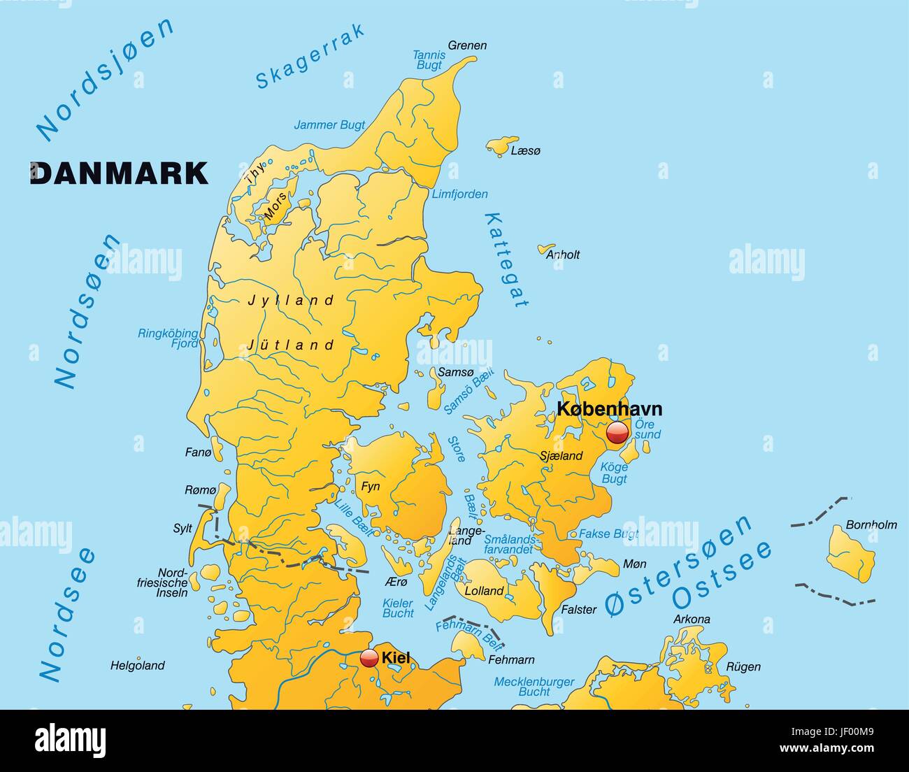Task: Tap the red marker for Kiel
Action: (369, 658)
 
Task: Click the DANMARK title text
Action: (119, 173)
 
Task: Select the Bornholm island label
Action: (871, 524)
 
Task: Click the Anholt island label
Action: (563, 255)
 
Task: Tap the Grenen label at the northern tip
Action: (467, 45)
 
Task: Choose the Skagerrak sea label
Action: (310, 57)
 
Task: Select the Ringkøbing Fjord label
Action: (168, 338)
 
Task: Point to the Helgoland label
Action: (138, 666)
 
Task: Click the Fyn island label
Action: (371, 486)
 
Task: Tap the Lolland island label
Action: (484, 591)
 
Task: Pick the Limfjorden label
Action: (459, 194)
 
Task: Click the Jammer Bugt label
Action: (329, 125)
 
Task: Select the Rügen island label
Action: (743, 666)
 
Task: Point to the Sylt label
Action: (182, 529)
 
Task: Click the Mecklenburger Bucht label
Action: (534, 687)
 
